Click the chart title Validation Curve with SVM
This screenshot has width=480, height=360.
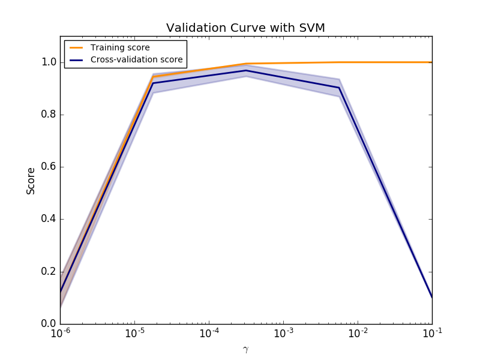245,28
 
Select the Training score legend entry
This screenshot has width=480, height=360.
120,47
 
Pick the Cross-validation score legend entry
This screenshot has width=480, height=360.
136,59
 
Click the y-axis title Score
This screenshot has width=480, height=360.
31,181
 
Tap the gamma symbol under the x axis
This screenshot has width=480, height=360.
245,349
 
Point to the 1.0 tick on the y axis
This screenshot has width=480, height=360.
49,62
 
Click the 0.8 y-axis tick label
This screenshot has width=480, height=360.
49,115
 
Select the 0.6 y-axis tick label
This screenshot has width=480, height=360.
49,167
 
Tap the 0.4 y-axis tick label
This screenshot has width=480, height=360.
49,219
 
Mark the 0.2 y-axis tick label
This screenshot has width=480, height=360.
49,271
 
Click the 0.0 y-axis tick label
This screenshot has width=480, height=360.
49,323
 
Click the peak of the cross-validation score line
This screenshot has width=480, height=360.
246,71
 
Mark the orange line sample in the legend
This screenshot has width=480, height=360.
77,47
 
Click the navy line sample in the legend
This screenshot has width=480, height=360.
77,59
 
